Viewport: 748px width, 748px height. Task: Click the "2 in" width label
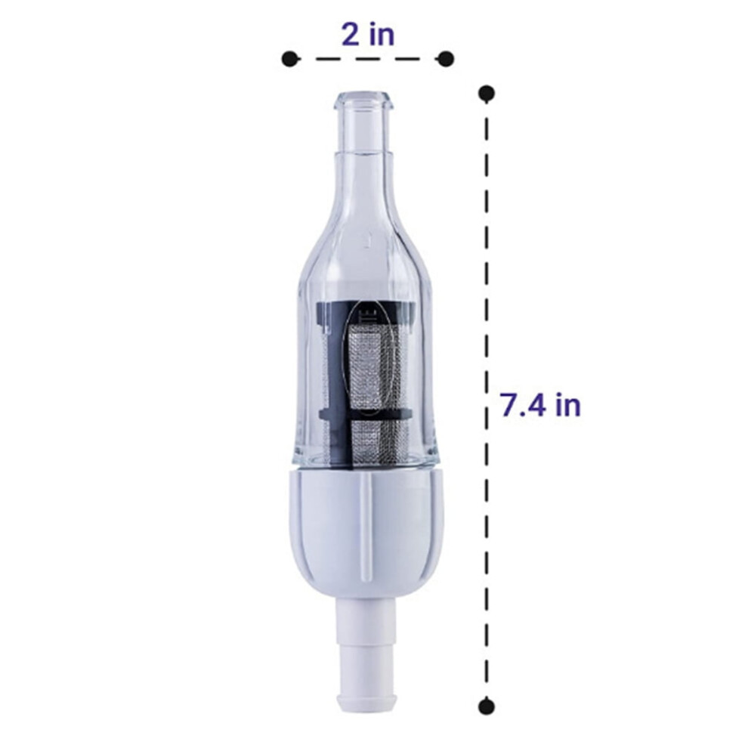click(x=368, y=36)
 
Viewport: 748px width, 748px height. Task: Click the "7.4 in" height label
click(x=540, y=405)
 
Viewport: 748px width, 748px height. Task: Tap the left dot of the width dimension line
click(x=289, y=59)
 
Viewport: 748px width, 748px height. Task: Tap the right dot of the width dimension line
click(x=446, y=59)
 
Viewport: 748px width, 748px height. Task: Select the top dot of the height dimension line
click(x=486, y=93)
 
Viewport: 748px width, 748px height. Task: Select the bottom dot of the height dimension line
click(x=486, y=706)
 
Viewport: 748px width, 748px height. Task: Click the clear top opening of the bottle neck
click(x=366, y=98)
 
